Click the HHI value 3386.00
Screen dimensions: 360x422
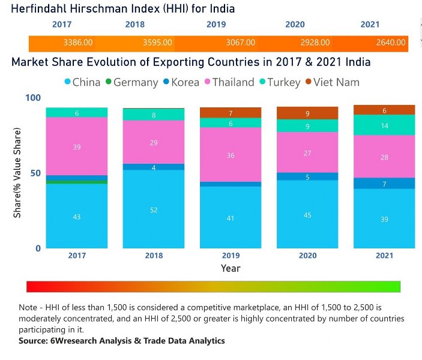(x=77, y=43)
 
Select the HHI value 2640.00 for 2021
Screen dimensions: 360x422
(x=391, y=43)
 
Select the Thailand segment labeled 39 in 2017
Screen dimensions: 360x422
(x=76, y=146)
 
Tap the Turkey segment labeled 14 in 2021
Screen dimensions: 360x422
(x=385, y=125)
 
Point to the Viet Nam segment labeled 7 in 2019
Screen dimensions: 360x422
(x=231, y=113)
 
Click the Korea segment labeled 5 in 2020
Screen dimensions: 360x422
(x=307, y=177)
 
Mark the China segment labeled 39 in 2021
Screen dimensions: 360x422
(x=385, y=219)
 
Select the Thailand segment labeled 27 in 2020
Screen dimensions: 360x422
(x=307, y=152)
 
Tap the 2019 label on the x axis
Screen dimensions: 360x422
(x=231, y=256)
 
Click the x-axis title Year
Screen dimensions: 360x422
(x=231, y=268)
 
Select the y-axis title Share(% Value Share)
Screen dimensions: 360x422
(x=18, y=173)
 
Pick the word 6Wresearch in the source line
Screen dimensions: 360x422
(x=72, y=341)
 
